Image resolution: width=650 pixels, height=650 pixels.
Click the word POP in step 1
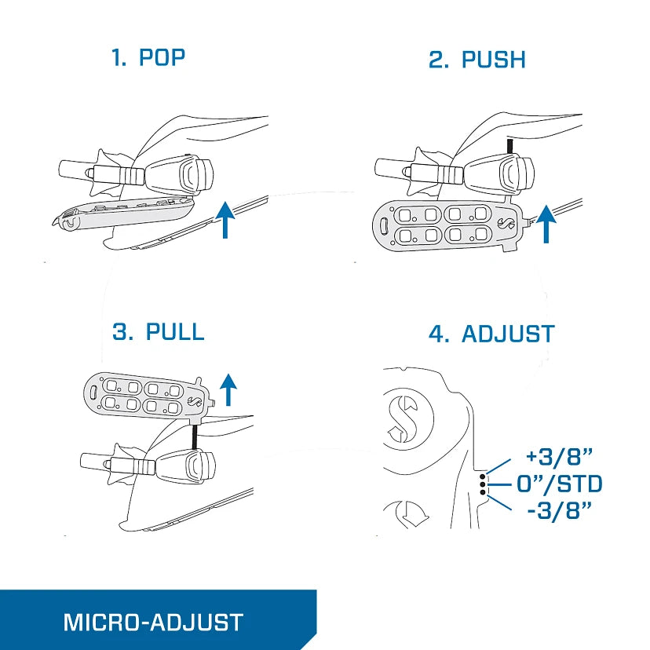(x=162, y=57)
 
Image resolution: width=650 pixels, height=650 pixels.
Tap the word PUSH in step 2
(x=493, y=60)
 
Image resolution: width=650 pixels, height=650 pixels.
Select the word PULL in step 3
(x=175, y=331)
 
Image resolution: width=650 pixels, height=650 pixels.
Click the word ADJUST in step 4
(x=508, y=334)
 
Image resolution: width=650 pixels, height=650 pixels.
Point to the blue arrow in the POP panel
(x=225, y=220)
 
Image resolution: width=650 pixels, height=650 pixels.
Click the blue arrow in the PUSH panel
(x=546, y=224)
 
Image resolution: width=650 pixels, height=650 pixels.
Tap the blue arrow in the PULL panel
(x=228, y=389)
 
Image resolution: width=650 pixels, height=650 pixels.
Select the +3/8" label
(x=559, y=456)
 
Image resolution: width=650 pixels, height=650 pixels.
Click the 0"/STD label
(x=559, y=484)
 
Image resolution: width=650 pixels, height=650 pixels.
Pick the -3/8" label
(x=559, y=510)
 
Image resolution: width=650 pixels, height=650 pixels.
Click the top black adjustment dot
(x=483, y=477)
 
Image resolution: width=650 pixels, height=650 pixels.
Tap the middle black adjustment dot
(x=483, y=484)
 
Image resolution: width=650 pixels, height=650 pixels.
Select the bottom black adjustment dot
(x=483, y=492)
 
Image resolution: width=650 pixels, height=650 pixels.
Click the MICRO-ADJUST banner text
(x=153, y=623)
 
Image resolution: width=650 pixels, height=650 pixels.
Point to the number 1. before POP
(x=119, y=57)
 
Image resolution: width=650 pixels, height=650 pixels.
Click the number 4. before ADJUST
(x=439, y=334)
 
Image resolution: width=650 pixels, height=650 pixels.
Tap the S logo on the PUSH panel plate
(x=506, y=223)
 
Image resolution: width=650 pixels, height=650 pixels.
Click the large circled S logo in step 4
(x=403, y=419)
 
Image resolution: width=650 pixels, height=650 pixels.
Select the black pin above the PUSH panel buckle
(x=510, y=146)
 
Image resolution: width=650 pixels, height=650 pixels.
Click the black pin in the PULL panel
(x=194, y=436)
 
